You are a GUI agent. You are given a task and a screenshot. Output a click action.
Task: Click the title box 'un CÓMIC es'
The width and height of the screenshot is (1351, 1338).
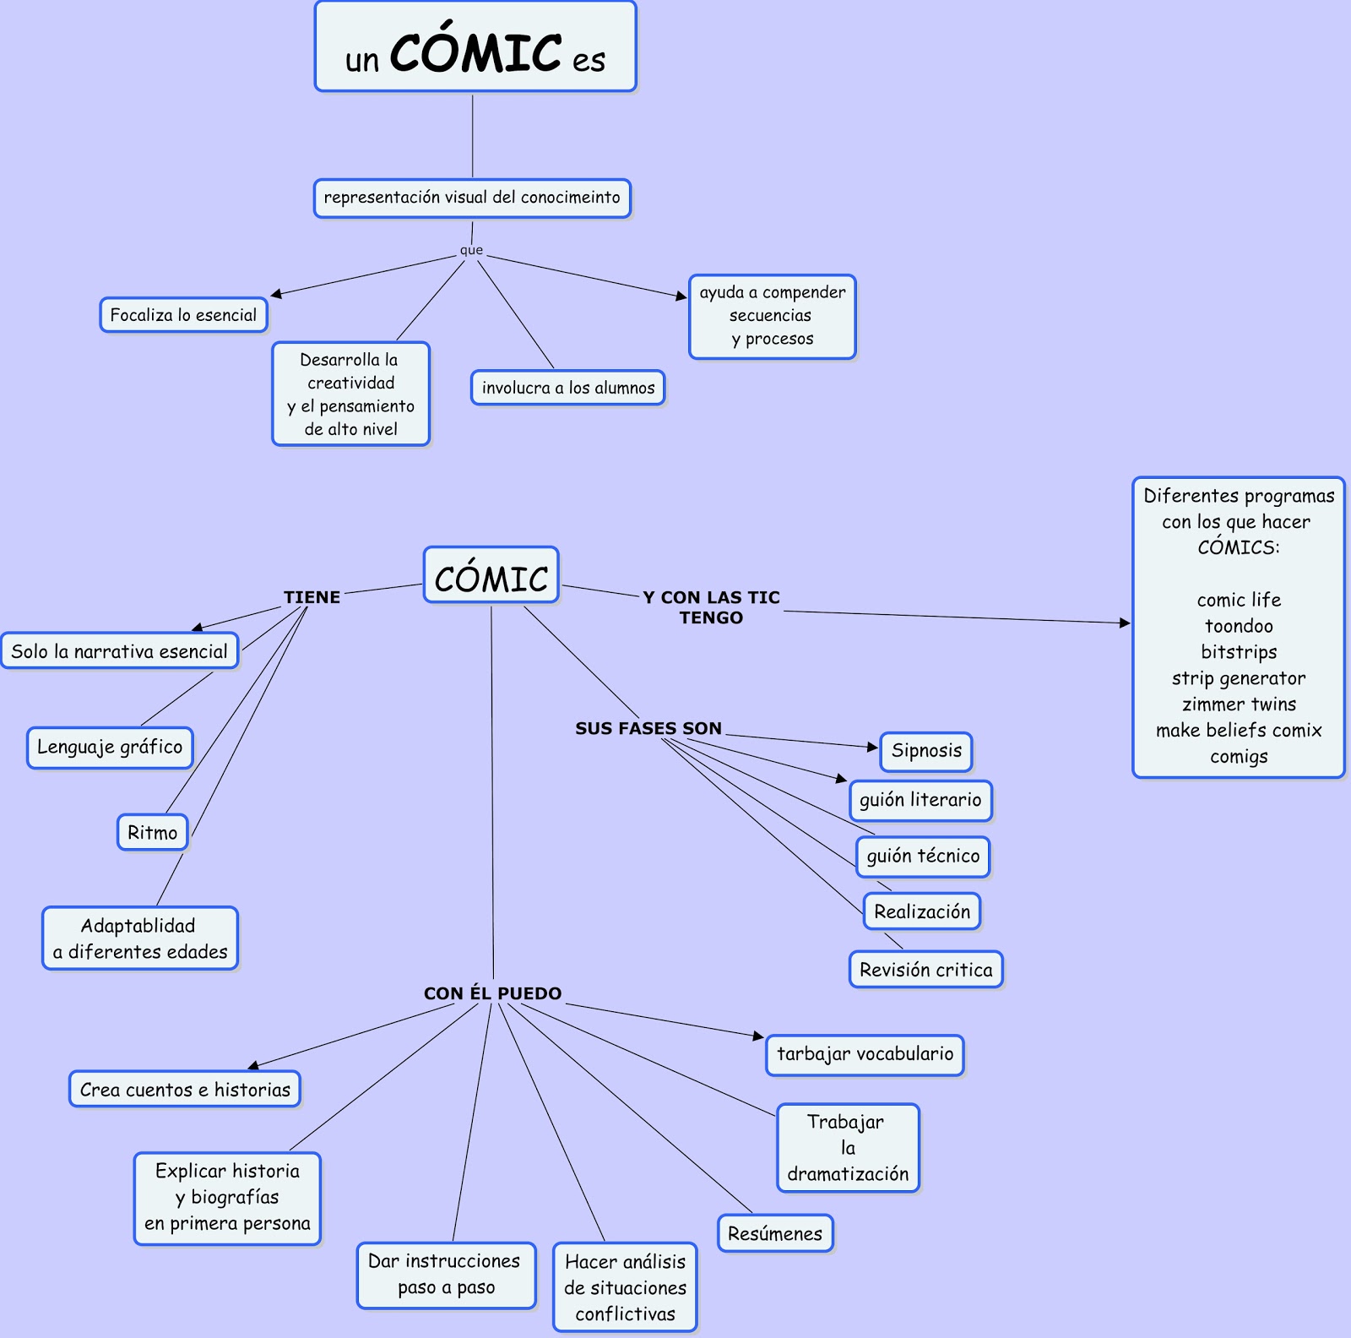pyautogui.click(x=475, y=47)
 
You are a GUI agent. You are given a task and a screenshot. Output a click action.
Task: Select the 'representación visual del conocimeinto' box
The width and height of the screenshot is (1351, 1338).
pyautogui.click(x=472, y=198)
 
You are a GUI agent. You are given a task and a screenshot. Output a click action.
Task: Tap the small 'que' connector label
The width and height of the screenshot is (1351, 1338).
pyautogui.click(x=471, y=250)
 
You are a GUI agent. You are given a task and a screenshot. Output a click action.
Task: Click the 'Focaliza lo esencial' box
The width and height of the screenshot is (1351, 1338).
pyautogui.click(x=183, y=315)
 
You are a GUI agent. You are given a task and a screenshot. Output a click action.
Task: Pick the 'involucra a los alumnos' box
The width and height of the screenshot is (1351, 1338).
pyautogui.click(x=567, y=388)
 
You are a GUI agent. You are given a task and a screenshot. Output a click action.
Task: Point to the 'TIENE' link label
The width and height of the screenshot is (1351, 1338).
pyautogui.click(x=312, y=597)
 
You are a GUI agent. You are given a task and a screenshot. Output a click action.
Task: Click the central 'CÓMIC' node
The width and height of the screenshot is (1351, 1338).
pyautogui.click(x=491, y=576)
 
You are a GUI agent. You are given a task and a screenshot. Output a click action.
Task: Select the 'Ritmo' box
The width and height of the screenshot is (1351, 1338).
pyautogui.click(x=152, y=832)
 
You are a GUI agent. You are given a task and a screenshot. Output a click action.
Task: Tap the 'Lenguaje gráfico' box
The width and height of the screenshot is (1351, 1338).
pyautogui.click(x=110, y=748)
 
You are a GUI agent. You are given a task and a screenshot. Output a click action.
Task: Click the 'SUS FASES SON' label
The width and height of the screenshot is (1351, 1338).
pyautogui.click(x=648, y=728)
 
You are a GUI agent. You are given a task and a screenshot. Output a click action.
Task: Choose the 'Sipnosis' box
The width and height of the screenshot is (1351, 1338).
pyautogui.click(x=926, y=751)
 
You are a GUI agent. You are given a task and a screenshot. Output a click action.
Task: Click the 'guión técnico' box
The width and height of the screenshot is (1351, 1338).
pyautogui.click(x=923, y=857)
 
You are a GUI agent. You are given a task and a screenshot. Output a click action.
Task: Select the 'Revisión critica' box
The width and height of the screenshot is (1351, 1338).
pyautogui.click(x=925, y=970)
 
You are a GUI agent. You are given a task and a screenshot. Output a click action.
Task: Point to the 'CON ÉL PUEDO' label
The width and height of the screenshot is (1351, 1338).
pyautogui.click(x=492, y=993)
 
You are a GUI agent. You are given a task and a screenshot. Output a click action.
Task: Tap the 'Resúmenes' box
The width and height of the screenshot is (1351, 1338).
pyautogui.click(x=774, y=1234)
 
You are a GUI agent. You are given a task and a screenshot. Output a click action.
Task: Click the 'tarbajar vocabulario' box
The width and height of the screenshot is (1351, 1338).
pyautogui.click(x=865, y=1054)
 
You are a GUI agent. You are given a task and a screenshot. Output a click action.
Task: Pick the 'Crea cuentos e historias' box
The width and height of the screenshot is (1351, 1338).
pyautogui.click(x=185, y=1090)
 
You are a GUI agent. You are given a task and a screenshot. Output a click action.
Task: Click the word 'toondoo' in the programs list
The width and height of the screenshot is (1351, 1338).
pyautogui.click(x=1238, y=626)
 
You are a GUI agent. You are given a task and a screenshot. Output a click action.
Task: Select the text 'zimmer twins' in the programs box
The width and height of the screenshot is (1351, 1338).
pyautogui.click(x=1238, y=704)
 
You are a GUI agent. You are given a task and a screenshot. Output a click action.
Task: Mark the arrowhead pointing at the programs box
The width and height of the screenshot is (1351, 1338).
pyautogui.click(x=1125, y=623)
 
